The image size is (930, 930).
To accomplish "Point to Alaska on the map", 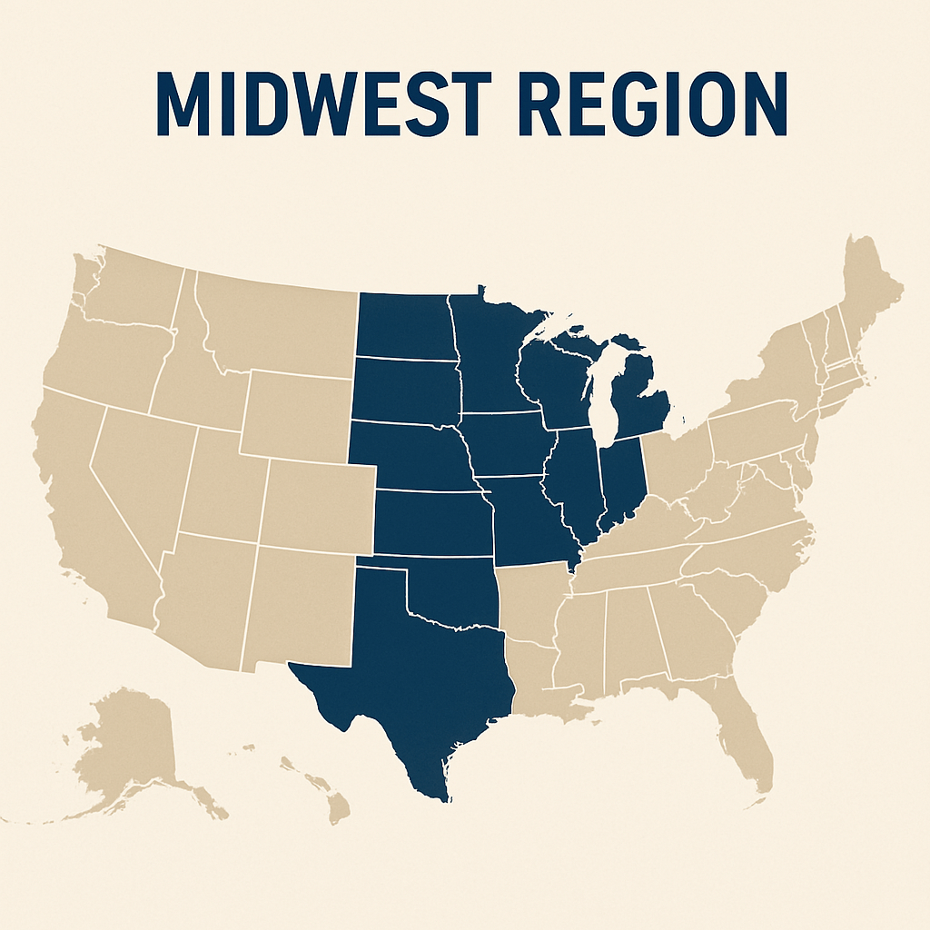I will tap(136, 745).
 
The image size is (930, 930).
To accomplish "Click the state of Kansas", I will tap(431, 522).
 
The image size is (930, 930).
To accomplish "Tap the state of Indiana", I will tap(623, 477).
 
